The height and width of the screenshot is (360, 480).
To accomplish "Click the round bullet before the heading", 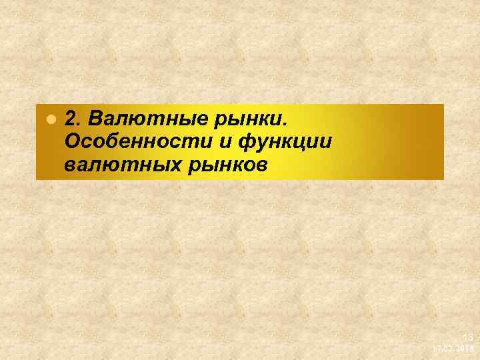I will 49,121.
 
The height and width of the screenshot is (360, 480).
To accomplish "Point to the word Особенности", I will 137,141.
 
